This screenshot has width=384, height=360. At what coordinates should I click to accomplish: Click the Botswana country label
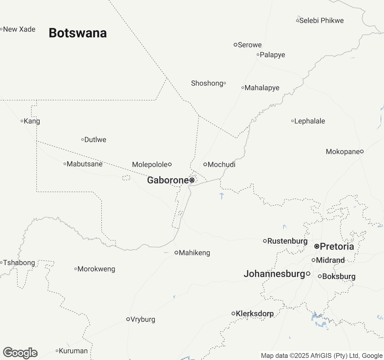pyautogui.click(x=78, y=33)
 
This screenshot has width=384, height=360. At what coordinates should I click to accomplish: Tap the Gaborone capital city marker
pyautogui.click(x=192, y=180)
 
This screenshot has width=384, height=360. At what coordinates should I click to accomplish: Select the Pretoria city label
pyautogui.click(x=337, y=247)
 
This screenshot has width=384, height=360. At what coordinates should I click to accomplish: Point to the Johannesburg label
pyautogui.click(x=274, y=274)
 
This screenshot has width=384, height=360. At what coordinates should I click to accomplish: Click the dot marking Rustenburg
pyautogui.click(x=265, y=241)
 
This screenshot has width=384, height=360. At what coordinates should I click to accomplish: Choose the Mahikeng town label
pyautogui.click(x=194, y=253)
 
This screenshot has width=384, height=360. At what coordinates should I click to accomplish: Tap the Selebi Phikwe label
pyautogui.click(x=322, y=21)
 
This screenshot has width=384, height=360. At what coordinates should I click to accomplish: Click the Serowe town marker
pyautogui.click(x=235, y=45)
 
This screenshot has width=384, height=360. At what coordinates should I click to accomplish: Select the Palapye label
pyautogui.click(x=272, y=55)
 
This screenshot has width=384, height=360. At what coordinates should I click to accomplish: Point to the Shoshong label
pyautogui.click(x=207, y=83)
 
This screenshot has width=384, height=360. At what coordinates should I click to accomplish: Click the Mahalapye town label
pyautogui.click(x=262, y=88)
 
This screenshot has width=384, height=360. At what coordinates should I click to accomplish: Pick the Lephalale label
pyautogui.click(x=310, y=121)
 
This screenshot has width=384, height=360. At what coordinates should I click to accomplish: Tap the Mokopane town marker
pyautogui.click(x=362, y=151)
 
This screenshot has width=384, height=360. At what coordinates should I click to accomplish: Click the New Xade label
pyautogui.click(x=19, y=29)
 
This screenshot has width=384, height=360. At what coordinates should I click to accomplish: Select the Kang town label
pyautogui.click(x=32, y=121)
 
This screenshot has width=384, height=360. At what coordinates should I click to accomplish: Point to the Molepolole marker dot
pyautogui.click(x=170, y=164)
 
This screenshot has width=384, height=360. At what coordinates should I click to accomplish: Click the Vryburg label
pyautogui.click(x=143, y=319)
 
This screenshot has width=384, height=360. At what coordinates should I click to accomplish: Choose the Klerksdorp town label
pyautogui.click(x=255, y=314)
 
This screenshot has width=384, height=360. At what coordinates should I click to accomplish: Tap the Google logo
pyautogui.click(x=20, y=353)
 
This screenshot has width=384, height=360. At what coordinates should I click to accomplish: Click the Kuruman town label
pyautogui.click(x=73, y=351)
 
